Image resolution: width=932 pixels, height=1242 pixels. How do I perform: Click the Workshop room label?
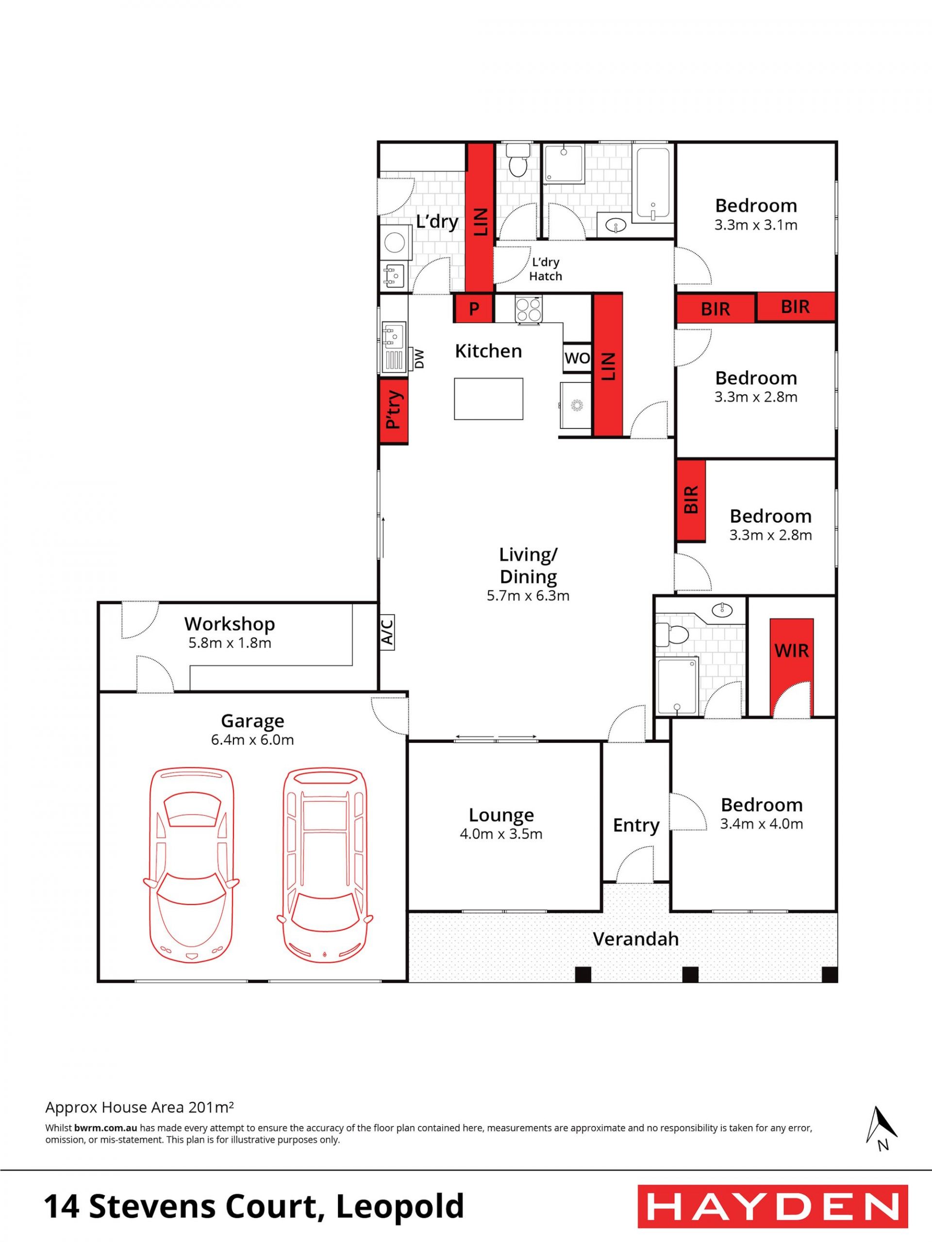click(x=229, y=624)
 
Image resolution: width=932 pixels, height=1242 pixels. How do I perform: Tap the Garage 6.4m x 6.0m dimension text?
click(x=252, y=740)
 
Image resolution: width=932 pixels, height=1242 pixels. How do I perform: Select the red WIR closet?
click(x=792, y=668)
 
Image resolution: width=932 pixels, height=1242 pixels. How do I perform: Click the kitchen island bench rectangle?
click(x=488, y=399)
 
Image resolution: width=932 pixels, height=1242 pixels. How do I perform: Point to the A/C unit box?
click(x=386, y=632)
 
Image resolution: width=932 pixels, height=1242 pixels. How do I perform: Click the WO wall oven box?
click(x=577, y=358)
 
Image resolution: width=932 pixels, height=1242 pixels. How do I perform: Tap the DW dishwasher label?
click(x=419, y=359)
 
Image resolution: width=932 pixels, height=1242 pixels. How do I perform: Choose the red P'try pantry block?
click(x=393, y=411)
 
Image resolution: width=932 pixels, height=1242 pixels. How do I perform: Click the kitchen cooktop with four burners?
click(x=529, y=310)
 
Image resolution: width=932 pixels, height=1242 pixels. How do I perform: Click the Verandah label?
click(x=635, y=939)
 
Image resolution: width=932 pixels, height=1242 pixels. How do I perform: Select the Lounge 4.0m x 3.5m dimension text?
click(x=501, y=834)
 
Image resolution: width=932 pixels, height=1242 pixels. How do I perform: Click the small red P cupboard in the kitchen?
click(x=474, y=308)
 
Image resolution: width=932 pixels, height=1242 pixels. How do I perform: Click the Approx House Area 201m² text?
click(x=139, y=1107)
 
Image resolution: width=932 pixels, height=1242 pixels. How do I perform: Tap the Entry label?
click(x=636, y=825)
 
